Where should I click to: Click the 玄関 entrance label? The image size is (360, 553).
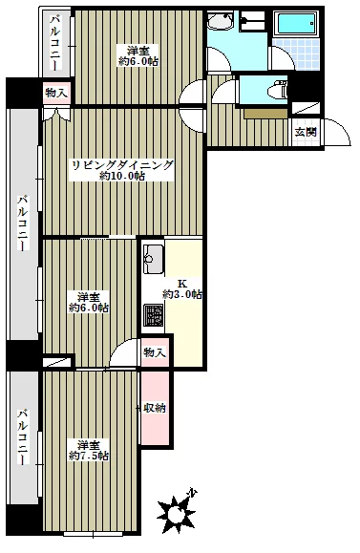(306, 132)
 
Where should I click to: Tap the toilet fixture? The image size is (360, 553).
(278, 91)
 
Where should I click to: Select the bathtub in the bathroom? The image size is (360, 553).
(297, 24)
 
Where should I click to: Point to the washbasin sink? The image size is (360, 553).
(220, 20)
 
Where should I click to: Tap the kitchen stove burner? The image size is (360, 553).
(153, 315)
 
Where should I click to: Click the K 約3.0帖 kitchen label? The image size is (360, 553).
(182, 288)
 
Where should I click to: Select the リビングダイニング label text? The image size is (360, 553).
(122, 165)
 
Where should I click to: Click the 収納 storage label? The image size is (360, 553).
(155, 408)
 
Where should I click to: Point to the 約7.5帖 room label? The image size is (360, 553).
(89, 456)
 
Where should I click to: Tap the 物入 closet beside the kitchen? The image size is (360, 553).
(155, 352)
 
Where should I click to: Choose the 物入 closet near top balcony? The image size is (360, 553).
(56, 93)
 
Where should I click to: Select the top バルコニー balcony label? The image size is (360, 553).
(55, 42)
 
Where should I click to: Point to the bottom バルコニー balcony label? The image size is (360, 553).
(23, 436)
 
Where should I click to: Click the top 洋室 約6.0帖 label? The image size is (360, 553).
(138, 55)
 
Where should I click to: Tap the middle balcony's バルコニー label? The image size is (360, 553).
(23, 223)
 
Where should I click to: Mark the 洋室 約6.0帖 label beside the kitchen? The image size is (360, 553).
(89, 302)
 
